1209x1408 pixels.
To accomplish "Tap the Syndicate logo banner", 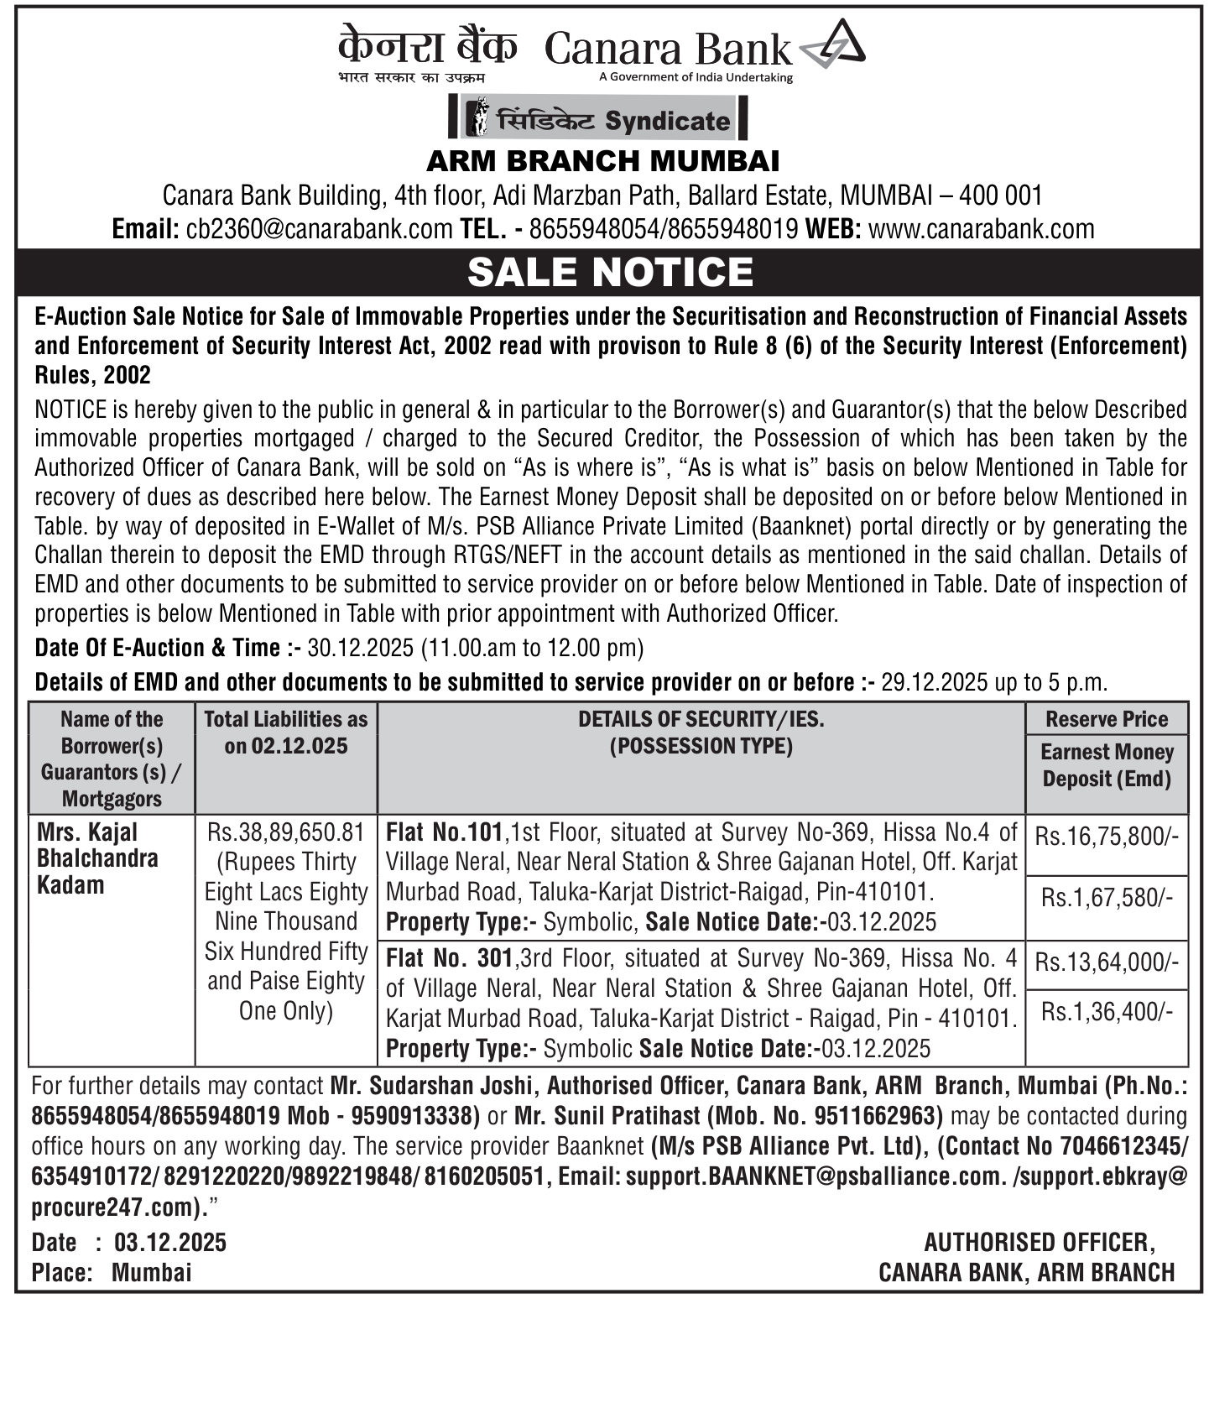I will coord(599,118).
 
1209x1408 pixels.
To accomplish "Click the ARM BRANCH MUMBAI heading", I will coord(603,160).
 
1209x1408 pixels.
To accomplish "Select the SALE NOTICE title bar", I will coord(610,272).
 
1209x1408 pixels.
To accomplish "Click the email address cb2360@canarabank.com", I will coord(319,229).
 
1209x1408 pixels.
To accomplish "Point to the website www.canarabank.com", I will coord(981,229).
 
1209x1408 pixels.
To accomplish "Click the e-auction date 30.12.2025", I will coord(360,648).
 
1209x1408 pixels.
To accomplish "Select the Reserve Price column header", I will coord(1106,719).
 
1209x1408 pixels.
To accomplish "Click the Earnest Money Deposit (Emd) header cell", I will coord(1106,765).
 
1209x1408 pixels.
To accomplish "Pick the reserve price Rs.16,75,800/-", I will coord(1106,836).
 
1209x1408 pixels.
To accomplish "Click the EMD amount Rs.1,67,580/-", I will coord(1106,898).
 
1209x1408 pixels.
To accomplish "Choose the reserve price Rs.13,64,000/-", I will coord(1106,962).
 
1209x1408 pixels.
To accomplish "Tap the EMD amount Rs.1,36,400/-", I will coord(1106,1012).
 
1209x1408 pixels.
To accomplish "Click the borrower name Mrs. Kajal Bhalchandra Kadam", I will coord(97,858).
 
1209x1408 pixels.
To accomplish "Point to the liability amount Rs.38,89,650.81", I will coord(286,832).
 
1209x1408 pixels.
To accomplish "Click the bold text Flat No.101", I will coord(444,832).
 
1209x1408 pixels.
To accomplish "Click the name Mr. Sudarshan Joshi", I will coord(431,1086).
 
